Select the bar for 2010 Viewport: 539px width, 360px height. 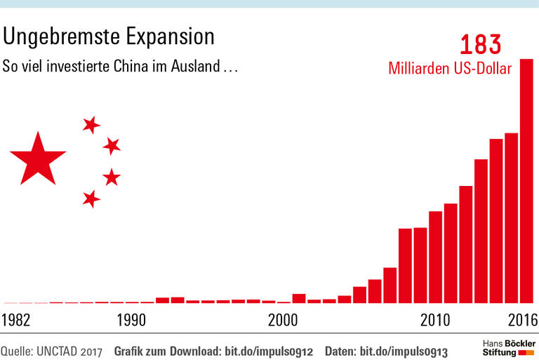436,257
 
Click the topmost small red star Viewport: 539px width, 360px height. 91,125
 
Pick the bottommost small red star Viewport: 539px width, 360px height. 91,199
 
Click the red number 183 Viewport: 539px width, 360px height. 481,45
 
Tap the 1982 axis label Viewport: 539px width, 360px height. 16,321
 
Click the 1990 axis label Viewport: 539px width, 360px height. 131,321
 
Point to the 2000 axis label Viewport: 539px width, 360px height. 284,321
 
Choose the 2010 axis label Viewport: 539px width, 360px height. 435,321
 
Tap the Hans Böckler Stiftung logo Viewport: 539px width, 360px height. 509,347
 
